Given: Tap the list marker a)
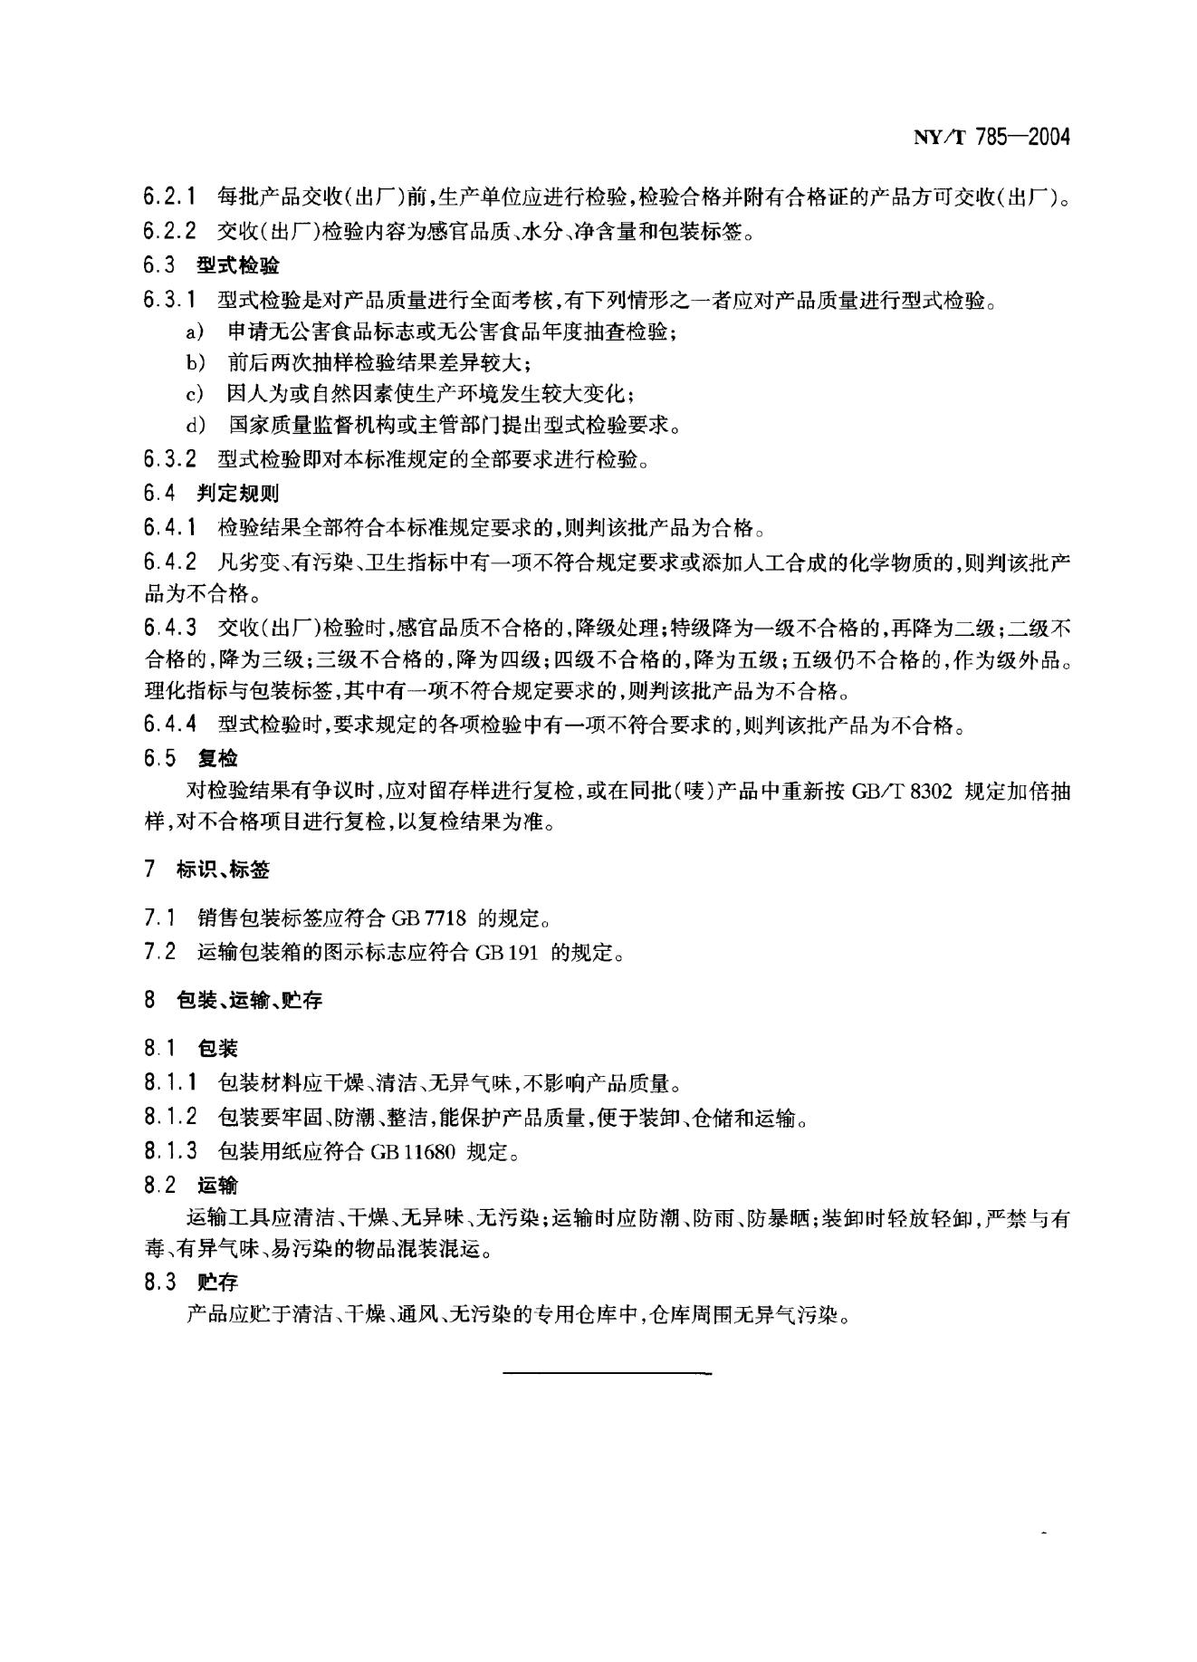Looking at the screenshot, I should point(194,331).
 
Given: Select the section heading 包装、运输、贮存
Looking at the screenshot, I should point(249,1001).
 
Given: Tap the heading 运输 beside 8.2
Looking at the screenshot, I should point(218,1185).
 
